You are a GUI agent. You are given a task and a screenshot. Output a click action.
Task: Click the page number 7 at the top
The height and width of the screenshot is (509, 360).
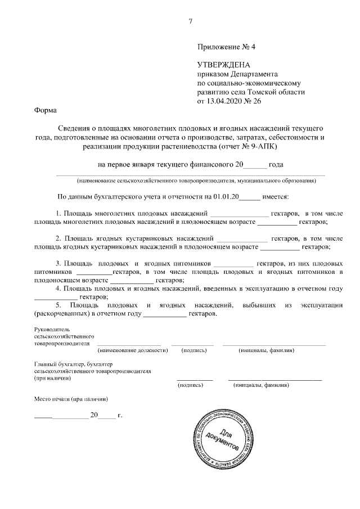(191, 21)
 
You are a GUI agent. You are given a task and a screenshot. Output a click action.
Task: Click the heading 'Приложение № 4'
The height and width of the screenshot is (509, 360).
(224, 48)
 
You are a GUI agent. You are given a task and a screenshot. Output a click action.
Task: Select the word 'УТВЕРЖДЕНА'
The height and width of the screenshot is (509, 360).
(223, 65)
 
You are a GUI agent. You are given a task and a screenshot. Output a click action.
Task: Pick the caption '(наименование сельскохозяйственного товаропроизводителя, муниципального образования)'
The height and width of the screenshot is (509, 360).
(197, 181)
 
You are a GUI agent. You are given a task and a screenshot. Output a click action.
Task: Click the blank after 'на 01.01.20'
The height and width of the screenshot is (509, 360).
(251, 197)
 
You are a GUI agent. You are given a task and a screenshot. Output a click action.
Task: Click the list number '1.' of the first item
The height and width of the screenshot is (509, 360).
(60, 214)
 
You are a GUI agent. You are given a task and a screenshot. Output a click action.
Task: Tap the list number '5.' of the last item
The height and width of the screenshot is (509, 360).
(60, 304)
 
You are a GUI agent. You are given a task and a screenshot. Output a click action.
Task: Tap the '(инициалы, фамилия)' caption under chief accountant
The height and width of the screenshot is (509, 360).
(261, 386)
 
